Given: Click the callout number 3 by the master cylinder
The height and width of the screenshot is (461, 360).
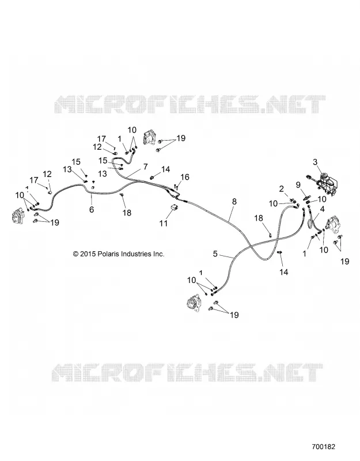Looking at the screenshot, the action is point(315,162).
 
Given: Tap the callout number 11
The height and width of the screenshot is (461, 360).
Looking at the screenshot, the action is point(164,223).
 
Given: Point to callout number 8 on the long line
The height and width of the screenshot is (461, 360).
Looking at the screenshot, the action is point(234,202).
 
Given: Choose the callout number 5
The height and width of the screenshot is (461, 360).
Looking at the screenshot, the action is point(215,254).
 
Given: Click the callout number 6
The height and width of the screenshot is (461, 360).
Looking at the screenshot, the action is point(92,210).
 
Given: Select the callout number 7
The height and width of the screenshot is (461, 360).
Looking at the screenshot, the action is point(146,167).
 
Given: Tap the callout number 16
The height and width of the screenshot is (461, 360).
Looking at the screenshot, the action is point(185,177).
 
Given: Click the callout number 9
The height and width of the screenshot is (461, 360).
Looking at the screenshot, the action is point(298,184).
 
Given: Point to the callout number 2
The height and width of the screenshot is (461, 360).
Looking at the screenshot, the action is point(282,188).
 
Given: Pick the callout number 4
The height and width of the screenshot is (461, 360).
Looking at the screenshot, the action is point(322,209).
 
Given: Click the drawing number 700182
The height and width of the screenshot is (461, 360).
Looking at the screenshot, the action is point(323,447).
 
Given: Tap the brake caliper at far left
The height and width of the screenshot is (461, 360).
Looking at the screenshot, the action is point(17,218).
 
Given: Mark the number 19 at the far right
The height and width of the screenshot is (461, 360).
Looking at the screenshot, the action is point(344,261).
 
